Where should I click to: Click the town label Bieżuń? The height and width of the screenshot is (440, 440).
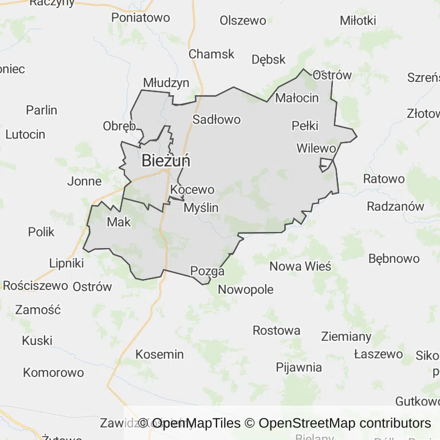[x=166, y=161]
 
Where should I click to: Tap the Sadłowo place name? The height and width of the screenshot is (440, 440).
[x=216, y=120]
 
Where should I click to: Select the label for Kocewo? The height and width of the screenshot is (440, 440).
[x=192, y=190]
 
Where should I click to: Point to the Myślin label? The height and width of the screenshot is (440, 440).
[x=201, y=208]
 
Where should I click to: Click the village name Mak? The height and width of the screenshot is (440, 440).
[x=119, y=222]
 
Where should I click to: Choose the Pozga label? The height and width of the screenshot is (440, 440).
[x=207, y=271]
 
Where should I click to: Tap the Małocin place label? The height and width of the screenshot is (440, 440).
[x=297, y=98]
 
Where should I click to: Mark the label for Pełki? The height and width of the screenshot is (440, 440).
[x=305, y=126]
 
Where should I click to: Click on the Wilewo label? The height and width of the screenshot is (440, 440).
[x=316, y=148]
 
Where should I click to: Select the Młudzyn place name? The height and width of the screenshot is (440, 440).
[x=166, y=83]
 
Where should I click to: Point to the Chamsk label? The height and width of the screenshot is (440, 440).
[x=211, y=54]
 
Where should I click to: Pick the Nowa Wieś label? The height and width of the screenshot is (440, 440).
[x=300, y=266]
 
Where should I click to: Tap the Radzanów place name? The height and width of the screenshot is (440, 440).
[x=395, y=206]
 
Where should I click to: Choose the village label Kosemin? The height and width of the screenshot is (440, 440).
[x=159, y=355]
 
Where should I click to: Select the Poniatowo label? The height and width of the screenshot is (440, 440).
[x=140, y=18]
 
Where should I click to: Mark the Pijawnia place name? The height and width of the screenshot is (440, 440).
[x=298, y=367]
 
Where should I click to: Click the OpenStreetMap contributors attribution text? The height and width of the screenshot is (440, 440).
[x=344, y=423]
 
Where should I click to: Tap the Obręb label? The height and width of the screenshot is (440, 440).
[x=119, y=126]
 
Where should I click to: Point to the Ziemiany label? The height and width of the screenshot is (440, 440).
[x=346, y=336]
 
